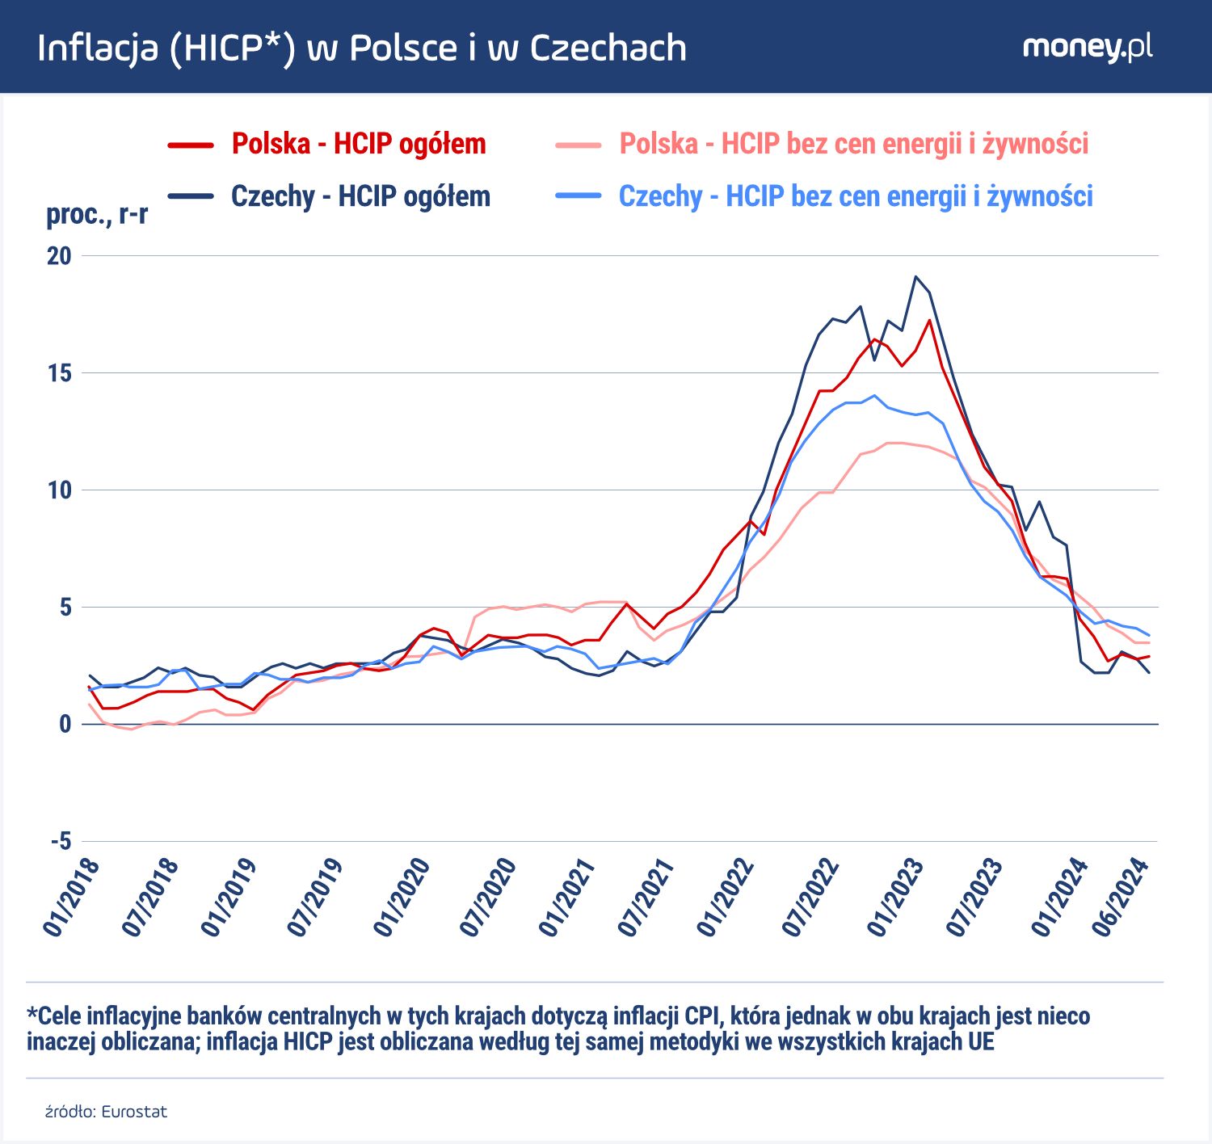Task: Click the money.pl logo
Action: coord(1087,47)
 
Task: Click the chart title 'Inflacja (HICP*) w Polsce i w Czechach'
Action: coord(362,48)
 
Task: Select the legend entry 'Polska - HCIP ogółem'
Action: coord(359,144)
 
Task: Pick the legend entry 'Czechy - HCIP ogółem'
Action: coord(360,196)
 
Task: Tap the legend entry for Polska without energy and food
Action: coord(853,144)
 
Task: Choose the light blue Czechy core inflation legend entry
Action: coord(855,196)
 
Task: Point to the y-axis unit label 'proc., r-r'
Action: coord(97,215)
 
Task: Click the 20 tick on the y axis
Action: coord(59,256)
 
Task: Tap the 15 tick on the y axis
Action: coord(59,373)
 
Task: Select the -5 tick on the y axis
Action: coord(61,841)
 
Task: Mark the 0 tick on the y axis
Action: coord(65,724)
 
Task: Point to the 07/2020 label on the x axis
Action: coord(488,898)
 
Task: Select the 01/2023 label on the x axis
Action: coord(895,898)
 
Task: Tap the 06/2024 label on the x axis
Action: coord(1120,898)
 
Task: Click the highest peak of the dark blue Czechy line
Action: coord(915,277)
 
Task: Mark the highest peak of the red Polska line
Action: coord(930,320)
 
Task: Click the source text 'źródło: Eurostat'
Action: coord(106,1112)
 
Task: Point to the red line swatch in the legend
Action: coord(191,145)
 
